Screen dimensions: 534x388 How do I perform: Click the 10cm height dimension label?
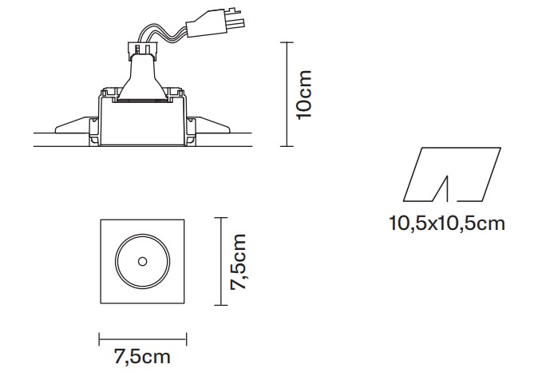click(x=304, y=95)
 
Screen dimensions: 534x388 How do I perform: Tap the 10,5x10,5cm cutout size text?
click(x=447, y=224)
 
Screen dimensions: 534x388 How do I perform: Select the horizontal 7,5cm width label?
click(x=142, y=357)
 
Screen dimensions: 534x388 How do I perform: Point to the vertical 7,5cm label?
click(x=238, y=262)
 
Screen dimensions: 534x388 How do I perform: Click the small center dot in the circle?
click(x=142, y=262)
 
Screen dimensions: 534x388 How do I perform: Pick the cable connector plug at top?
click(x=215, y=23)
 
